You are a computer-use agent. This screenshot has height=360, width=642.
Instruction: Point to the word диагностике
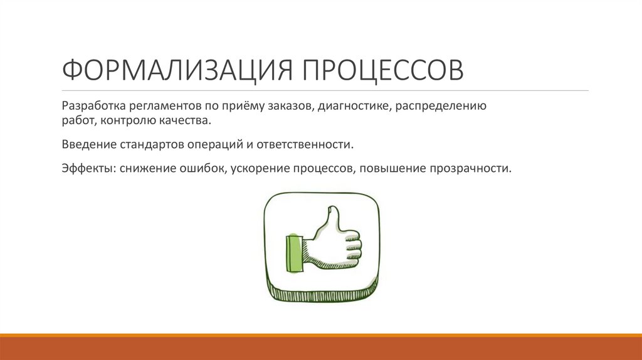(x=354, y=106)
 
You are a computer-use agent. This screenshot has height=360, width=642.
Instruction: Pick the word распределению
(x=441, y=106)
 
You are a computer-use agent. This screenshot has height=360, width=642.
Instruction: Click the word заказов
(x=288, y=106)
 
